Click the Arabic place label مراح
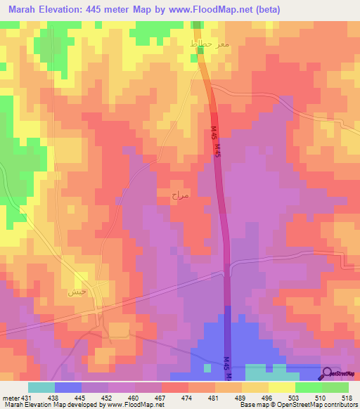pyautogui.click(x=180, y=195)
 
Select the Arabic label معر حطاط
pyautogui.click(x=210, y=44)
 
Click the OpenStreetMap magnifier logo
pyautogui.click(x=328, y=375)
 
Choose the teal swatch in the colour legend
pyautogui.click(x=41, y=387)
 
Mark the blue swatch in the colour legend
pyautogui.click(x=67, y=387)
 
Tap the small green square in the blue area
pyautogui.click(x=207, y=367)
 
